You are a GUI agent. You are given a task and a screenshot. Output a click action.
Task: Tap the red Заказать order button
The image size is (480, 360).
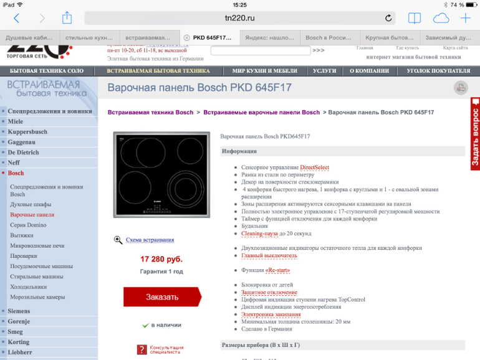[162, 297]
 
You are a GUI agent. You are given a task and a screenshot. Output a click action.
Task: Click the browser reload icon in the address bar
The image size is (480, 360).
[389, 19]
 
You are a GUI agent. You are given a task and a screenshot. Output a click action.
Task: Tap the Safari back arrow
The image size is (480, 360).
[17, 19]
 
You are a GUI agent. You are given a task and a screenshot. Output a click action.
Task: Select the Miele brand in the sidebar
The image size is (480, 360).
[16, 121]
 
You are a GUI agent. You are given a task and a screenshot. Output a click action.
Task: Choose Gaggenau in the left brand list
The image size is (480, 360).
[22, 142]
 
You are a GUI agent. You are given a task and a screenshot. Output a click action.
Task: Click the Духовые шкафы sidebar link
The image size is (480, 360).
[31, 204]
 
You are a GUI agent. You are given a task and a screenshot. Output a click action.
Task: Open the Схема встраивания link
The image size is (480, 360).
[150, 240]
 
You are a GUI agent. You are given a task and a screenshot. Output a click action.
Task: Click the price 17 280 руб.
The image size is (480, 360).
[161, 258]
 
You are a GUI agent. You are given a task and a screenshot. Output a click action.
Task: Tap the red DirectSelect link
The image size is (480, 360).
[314, 168]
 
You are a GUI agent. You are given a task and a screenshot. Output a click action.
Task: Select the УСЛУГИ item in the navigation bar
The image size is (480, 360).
[325, 71]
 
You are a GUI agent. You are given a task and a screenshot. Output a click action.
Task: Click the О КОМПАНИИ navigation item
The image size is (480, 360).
[369, 71]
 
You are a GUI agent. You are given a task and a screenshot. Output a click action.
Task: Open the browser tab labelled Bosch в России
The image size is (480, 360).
[329, 37]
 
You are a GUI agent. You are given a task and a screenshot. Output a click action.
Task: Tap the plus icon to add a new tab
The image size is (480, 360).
[466, 19]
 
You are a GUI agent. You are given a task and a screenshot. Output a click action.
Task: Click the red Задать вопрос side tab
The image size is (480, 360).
[475, 134]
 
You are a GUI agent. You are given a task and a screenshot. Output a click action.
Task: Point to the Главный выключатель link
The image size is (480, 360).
[269, 255]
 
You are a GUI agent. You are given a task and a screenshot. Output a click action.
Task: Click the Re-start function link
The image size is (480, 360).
[278, 270]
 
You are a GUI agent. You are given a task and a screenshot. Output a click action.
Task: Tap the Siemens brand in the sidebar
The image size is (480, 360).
[19, 311]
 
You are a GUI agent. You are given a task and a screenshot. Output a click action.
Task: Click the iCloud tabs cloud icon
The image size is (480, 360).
[441, 19]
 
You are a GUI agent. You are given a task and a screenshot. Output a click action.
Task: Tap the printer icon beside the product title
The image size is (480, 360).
[461, 88]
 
